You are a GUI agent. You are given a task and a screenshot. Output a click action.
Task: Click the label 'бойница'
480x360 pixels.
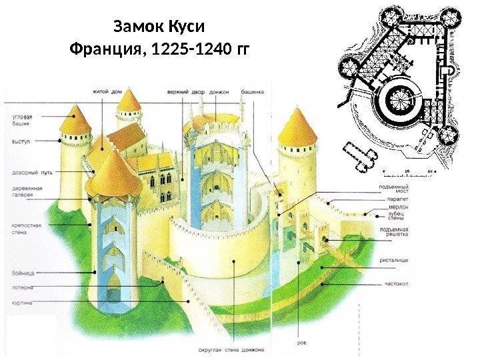[23, 271]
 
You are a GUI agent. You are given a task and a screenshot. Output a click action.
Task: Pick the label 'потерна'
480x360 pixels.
[23, 287]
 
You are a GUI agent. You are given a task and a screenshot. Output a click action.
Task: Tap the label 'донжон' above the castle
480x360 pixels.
[221, 91]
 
